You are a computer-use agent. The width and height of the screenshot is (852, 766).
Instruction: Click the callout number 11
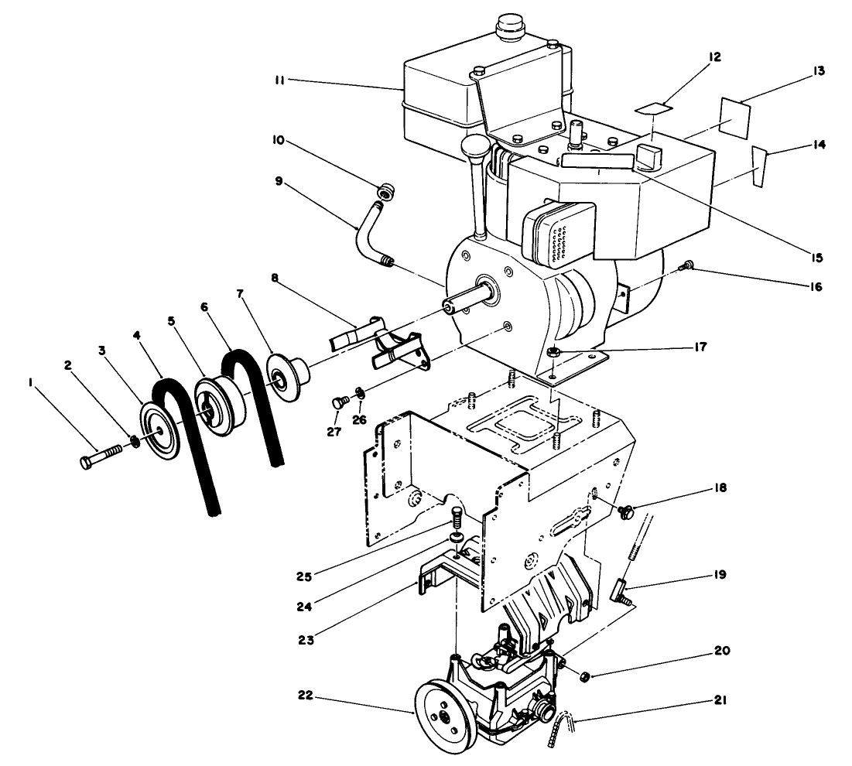(282, 80)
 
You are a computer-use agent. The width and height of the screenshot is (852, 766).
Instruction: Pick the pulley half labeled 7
(287, 374)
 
